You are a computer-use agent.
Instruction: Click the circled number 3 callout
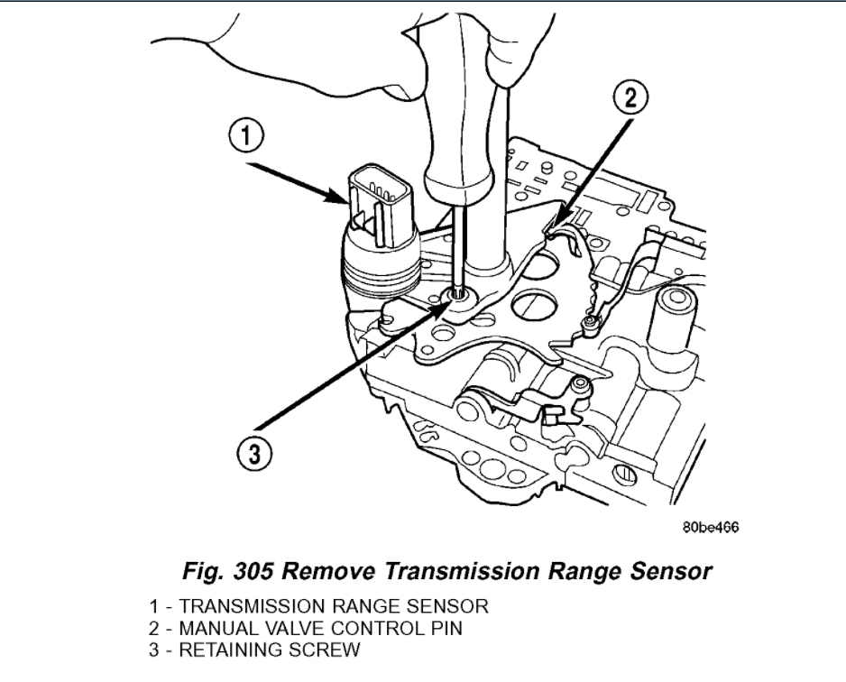[x=257, y=452]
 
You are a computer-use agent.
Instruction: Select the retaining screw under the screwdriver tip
[x=460, y=295]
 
